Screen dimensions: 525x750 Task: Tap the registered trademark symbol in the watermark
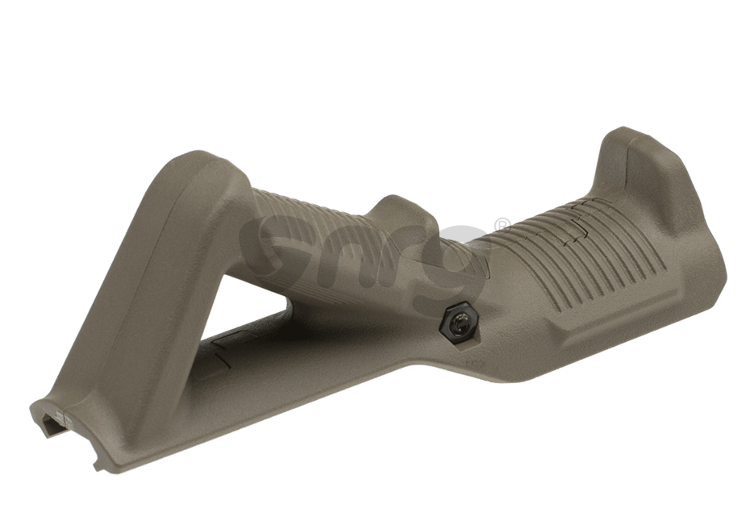[x=502, y=225]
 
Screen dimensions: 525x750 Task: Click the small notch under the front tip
[x=98, y=465]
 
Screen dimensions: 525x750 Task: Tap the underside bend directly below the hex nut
[x=452, y=367]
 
